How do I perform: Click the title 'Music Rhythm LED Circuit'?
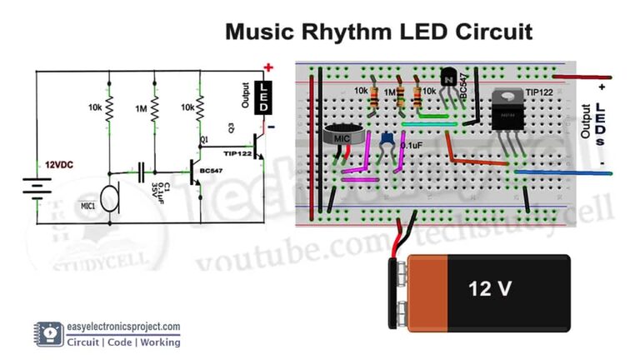point(379,32)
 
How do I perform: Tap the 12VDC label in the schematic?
point(62,164)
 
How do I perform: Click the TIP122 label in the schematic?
point(237,155)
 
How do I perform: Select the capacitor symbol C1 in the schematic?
point(141,171)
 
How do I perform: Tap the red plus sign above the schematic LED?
point(268,67)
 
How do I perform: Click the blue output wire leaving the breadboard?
point(567,172)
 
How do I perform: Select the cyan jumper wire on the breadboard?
point(428,124)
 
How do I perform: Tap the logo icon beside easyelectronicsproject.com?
point(50,334)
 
